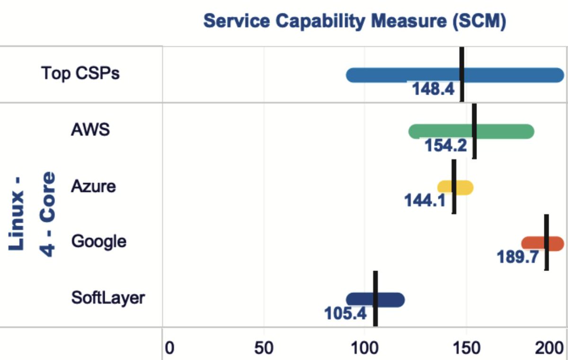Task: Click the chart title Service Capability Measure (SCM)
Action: pos(355,21)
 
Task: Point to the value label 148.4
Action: pos(433,89)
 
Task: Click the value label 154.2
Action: pos(445,146)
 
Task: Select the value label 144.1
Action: pos(425,201)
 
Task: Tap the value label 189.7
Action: pos(517,257)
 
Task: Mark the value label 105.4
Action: pos(345,313)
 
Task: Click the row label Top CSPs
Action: pos(80,74)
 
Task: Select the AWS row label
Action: pos(90,129)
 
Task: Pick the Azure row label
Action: pos(93,186)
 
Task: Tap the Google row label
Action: pos(98,242)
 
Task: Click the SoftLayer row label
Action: pos(108,298)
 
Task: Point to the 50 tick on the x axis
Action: pos(264,348)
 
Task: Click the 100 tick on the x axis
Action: pos(364,348)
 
